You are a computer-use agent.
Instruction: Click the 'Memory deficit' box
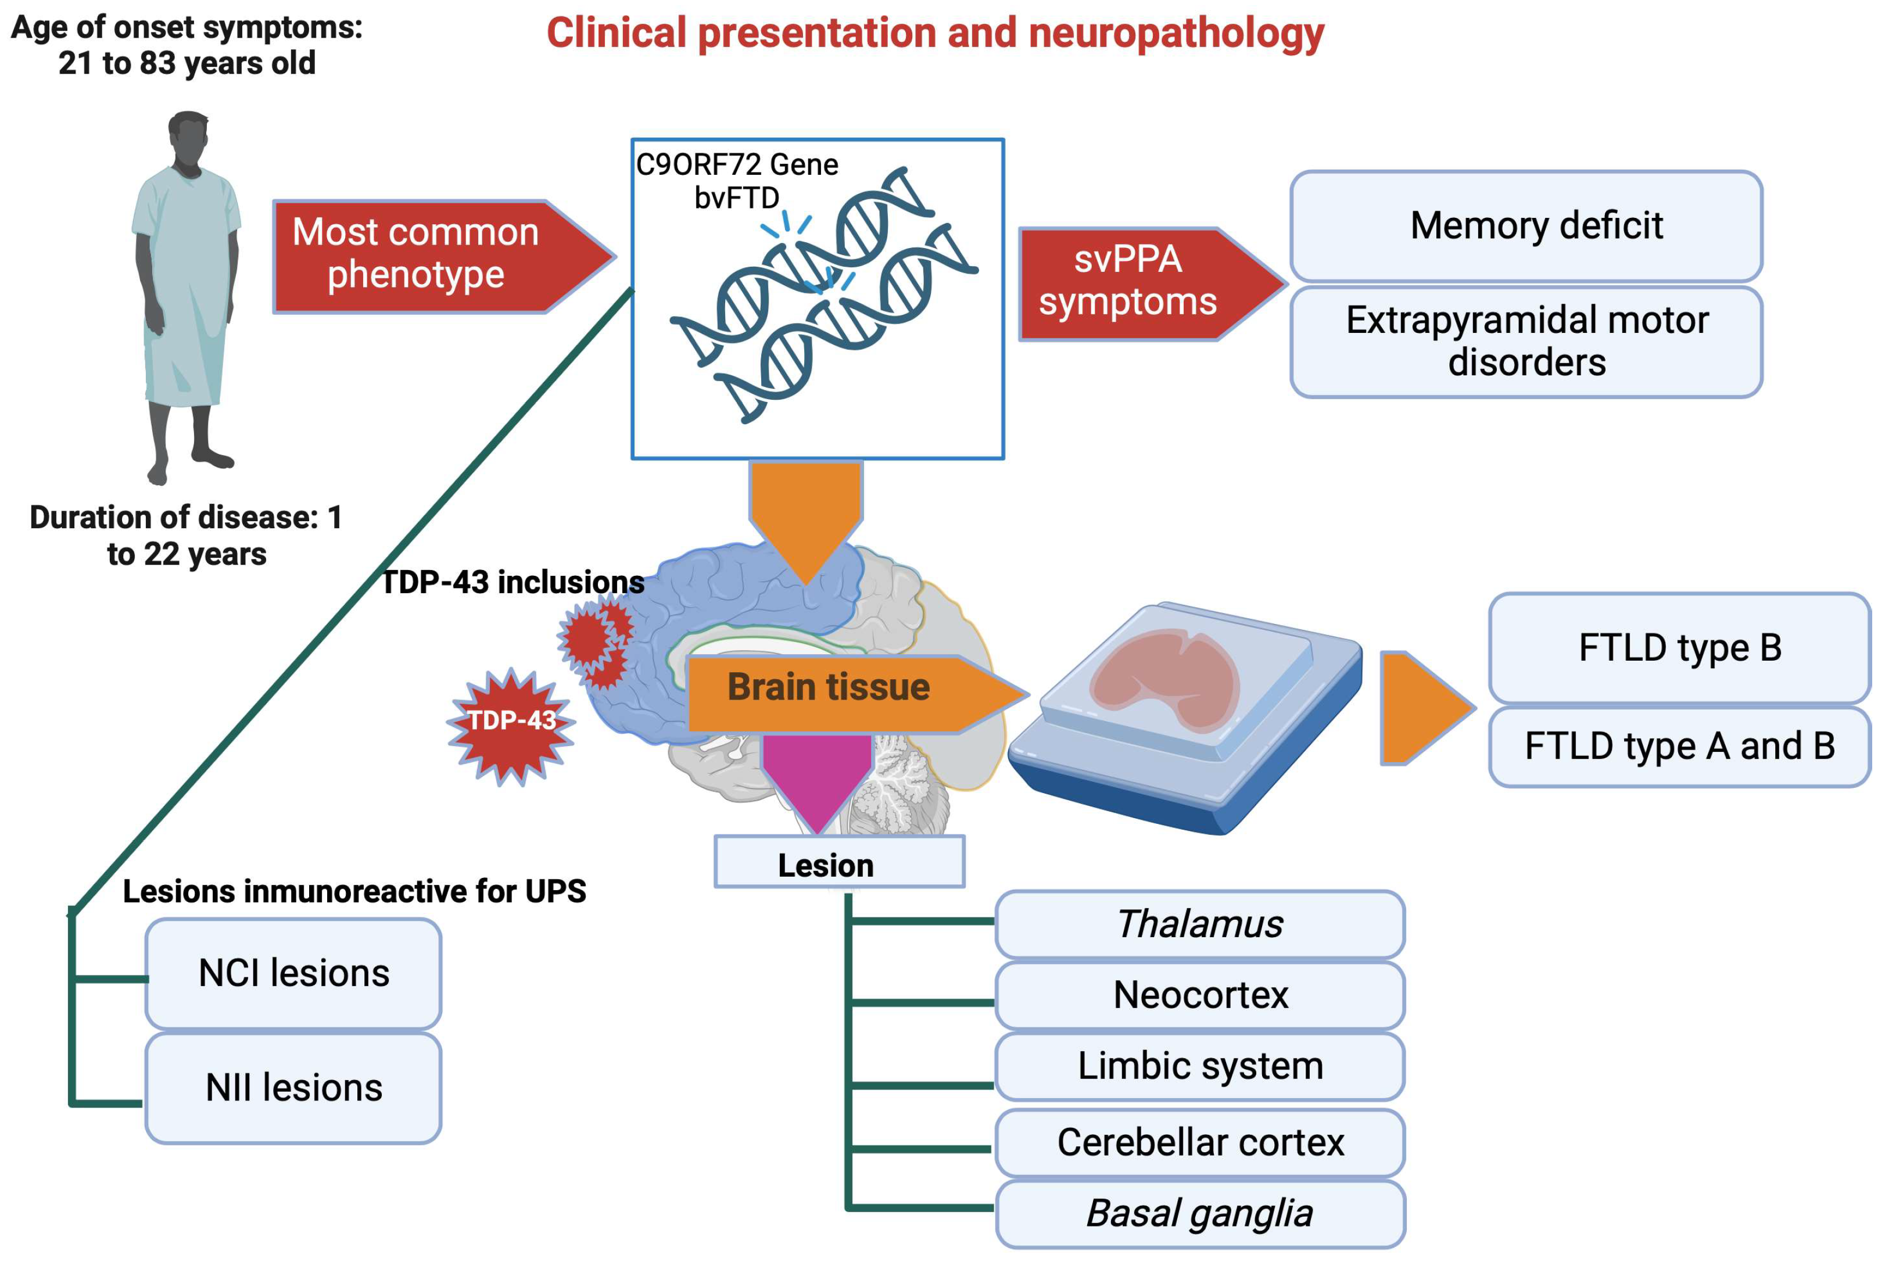click(1525, 226)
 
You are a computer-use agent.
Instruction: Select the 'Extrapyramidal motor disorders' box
click(1525, 341)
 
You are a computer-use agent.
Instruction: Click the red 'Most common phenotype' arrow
click(427, 256)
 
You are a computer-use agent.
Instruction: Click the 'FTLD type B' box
click(1678, 648)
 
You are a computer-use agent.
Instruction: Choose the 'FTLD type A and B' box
click(1678, 746)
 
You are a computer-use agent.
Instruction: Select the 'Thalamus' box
click(1199, 924)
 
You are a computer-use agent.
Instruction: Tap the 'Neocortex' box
click(1199, 995)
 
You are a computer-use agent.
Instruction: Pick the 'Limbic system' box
click(1199, 1066)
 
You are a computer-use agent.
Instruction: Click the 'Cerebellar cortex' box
click(1199, 1142)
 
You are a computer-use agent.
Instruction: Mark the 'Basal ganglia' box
click(1199, 1213)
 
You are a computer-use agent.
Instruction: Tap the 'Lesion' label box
click(838, 862)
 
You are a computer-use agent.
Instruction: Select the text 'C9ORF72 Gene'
click(736, 165)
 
